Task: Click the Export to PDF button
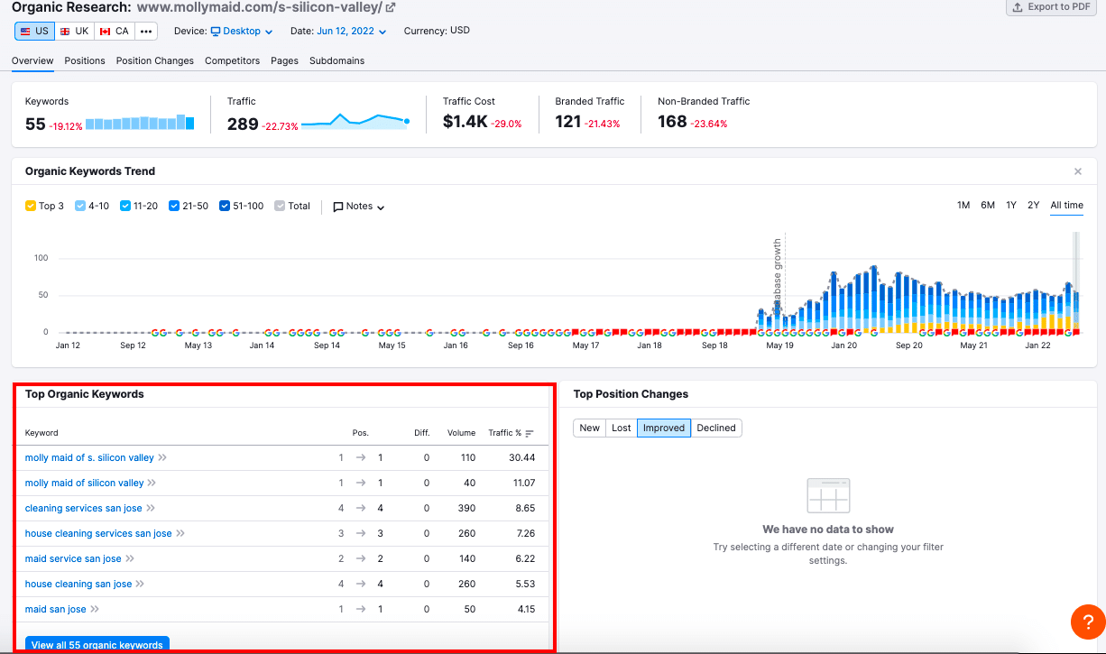click(1054, 7)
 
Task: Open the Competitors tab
click(232, 60)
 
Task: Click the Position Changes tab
click(154, 60)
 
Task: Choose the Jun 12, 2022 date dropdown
click(351, 31)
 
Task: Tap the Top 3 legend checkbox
click(31, 207)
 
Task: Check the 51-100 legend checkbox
click(226, 207)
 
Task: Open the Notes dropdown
click(359, 207)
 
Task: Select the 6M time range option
click(988, 206)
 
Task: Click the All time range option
click(1066, 206)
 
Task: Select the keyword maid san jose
click(56, 609)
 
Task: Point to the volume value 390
click(466, 508)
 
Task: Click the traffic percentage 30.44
click(521, 457)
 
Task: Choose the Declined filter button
click(716, 428)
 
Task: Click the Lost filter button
click(622, 428)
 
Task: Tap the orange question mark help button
click(1088, 622)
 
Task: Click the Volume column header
click(461, 433)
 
